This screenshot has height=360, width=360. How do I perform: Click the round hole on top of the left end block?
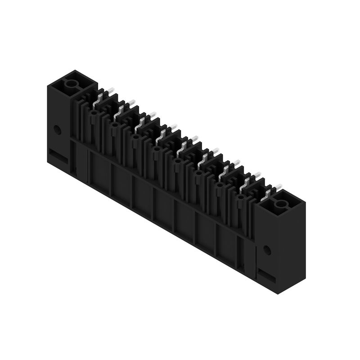click(71, 84)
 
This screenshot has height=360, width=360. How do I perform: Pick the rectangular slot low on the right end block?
click(267, 275)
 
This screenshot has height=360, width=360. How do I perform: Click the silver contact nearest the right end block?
click(269, 193)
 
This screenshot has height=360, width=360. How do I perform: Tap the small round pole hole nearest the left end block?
click(93, 114)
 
